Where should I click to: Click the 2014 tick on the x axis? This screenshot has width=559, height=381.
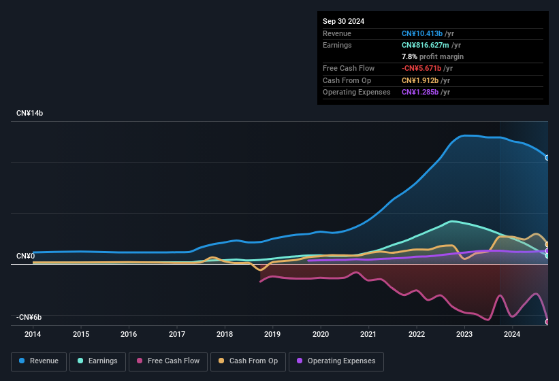pyautogui.click(x=33, y=334)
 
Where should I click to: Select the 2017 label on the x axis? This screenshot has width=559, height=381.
pyautogui.click(x=177, y=334)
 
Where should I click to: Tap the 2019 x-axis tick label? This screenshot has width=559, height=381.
pyautogui.click(x=272, y=334)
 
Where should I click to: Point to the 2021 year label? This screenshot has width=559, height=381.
pyautogui.click(x=368, y=334)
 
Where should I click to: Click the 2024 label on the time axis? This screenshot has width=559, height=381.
pyautogui.click(x=512, y=334)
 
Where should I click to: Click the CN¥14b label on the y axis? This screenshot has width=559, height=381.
pyautogui.click(x=30, y=113)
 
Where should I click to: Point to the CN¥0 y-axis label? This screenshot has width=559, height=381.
pyautogui.click(x=26, y=256)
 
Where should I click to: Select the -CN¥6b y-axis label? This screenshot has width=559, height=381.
pyautogui.click(x=29, y=317)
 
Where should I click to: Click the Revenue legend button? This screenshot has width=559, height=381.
pyautogui.click(x=39, y=361)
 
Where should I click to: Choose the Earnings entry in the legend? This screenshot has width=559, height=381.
pyautogui.click(x=97, y=361)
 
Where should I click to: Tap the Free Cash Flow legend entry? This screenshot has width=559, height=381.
pyautogui.click(x=168, y=361)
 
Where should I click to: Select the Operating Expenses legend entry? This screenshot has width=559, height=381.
pyautogui.click(x=336, y=361)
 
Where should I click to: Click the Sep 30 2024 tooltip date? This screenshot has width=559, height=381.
pyautogui.click(x=343, y=21)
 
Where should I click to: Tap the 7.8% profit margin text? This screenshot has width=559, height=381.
pyautogui.click(x=432, y=56)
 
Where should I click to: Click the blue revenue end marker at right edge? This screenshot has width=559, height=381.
pyautogui.click(x=547, y=158)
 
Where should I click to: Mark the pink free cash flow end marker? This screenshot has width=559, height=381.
pyautogui.click(x=547, y=321)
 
